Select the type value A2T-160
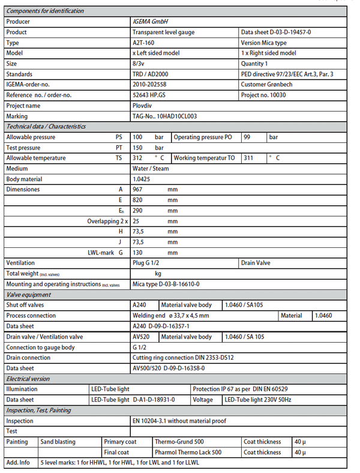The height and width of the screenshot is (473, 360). click(143, 43)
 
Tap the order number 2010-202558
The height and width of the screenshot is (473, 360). click(151, 85)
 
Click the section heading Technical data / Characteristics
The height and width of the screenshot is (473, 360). click(46, 127)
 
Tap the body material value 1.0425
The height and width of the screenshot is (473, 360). click(140, 179)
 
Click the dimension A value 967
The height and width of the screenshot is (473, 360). click(137, 189)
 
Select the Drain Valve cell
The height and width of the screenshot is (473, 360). click(257, 263)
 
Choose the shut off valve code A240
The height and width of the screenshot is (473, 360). click(139, 305)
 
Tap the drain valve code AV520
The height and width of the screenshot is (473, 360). click(140, 337)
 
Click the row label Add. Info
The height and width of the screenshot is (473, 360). click(18, 463)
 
